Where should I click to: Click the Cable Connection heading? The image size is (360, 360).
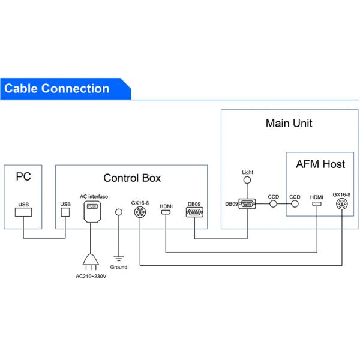57,89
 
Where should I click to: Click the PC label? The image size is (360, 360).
23,177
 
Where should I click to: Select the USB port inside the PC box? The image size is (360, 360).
23,212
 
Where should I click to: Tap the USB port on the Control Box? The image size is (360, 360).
65,212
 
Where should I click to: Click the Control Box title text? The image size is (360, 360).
132,178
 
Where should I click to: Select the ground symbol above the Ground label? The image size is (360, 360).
119,257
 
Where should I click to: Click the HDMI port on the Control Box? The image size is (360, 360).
166,212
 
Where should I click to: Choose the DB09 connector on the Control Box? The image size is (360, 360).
196,212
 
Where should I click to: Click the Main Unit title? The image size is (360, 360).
289,124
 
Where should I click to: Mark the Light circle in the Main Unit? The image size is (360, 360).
247,180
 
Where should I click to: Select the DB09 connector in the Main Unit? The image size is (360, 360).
247,204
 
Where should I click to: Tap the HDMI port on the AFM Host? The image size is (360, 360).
316,204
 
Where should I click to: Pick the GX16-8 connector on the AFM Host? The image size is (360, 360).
342,204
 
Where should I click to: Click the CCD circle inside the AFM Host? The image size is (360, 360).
295,204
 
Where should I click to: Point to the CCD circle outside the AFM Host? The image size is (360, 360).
274,204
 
